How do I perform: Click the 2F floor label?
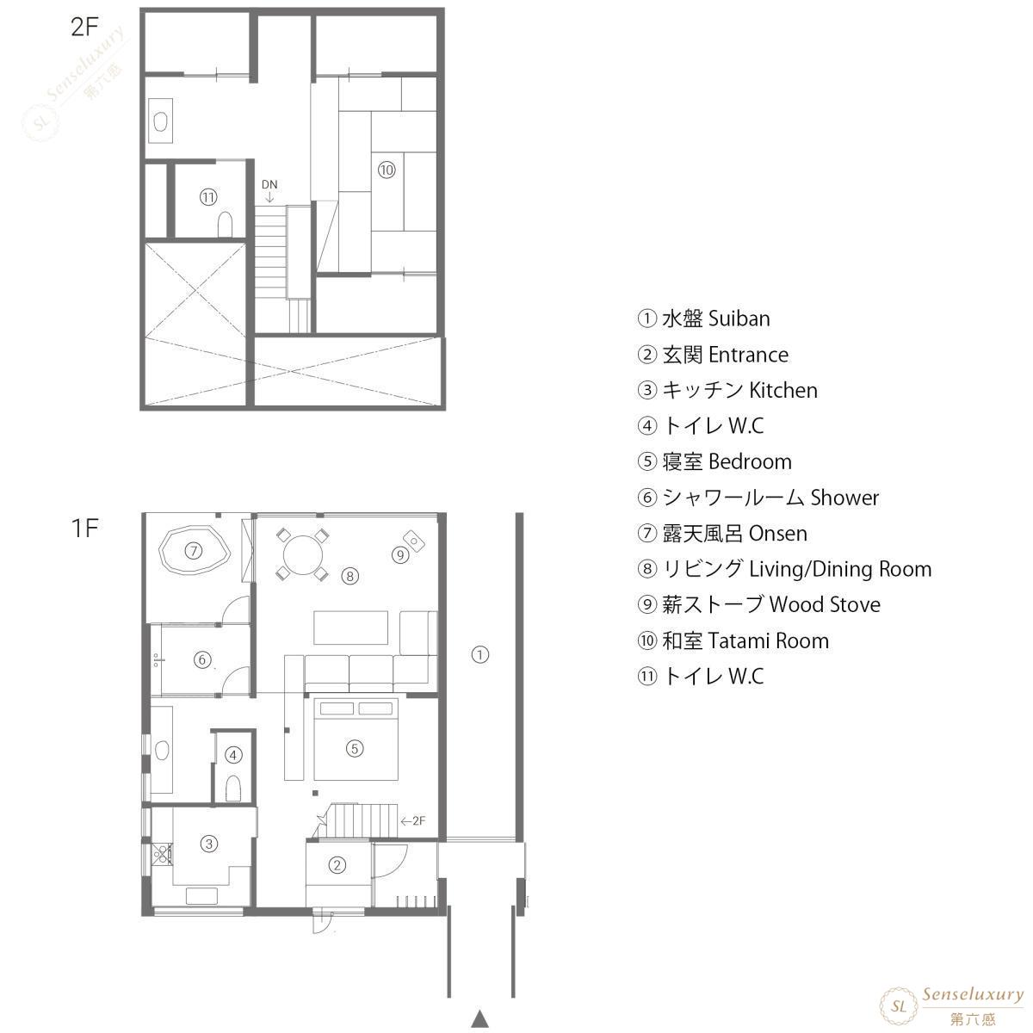(x=84, y=27)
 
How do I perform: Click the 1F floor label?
(x=84, y=528)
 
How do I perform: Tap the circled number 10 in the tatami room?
(x=387, y=170)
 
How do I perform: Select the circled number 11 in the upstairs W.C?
(x=208, y=197)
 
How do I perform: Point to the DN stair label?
(x=269, y=185)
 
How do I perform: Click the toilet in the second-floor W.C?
(x=226, y=225)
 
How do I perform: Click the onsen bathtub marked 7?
(x=194, y=550)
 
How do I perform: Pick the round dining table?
(x=303, y=555)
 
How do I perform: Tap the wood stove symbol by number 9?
(x=414, y=541)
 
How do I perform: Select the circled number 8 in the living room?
(x=350, y=576)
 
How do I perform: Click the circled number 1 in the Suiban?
(x=479, y=654)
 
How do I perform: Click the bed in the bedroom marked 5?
(x=356, y=739)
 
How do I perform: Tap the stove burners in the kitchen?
(x=162, y=855)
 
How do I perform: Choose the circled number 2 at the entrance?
(x=337, y=864)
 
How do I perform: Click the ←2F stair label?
(x=413, y=821)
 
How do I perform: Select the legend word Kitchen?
(x=783, y=390)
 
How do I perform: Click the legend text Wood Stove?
(x=825, y=604)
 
